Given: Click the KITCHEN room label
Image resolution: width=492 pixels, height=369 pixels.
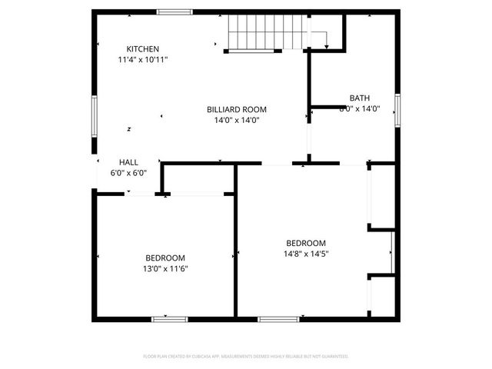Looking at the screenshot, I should coord(143,48).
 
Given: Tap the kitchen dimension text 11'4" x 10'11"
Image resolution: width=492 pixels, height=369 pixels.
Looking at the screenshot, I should coord(143,59).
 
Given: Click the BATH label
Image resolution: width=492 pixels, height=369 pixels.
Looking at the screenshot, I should coord(359,98).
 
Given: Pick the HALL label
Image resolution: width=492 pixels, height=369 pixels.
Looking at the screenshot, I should coord(128,162).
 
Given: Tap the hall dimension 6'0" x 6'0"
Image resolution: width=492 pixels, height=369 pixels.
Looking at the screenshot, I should coord(128,173).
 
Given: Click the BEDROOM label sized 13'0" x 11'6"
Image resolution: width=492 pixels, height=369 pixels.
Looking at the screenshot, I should coord(165,258).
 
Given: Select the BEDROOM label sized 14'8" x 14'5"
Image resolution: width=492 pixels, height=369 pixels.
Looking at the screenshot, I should coord(306,242).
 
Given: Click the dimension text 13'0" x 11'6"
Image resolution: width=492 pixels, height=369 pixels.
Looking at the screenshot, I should coord(165,268).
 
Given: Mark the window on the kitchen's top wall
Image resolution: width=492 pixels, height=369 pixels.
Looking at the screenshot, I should coord(175,12).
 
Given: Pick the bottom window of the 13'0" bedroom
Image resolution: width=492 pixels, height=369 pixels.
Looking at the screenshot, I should coord(169,318).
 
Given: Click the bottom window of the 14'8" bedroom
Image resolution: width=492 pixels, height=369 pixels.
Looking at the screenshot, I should coord(278,318).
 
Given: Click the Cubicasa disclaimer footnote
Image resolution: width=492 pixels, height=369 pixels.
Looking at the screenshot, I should coord(246,357).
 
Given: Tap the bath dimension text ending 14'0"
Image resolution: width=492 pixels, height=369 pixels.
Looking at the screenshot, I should coord(360,109).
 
